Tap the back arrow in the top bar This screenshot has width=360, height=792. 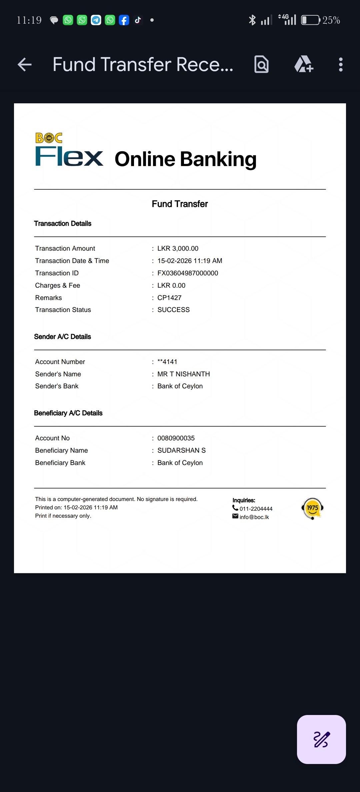tap(25, 64)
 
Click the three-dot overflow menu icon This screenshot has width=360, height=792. tap(340, 64)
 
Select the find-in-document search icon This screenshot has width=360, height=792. tap(261, 64)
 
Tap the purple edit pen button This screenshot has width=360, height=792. tap(321, 739)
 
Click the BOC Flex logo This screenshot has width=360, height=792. tap(69, 150)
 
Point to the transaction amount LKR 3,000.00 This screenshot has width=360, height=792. tap(178, 248)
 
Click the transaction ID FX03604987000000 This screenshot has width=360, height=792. tap(188, 273)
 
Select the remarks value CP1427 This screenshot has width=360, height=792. tap(169, 298)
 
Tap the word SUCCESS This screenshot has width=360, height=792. tap(173, 310)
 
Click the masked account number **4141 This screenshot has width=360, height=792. tap(167, 362)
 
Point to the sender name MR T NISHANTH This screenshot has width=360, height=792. tap(183, 374)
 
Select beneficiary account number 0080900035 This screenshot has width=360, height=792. tap(176, 438)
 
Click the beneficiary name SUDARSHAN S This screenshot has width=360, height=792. tap(181, 450)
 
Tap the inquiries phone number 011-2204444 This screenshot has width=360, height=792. tap(256, 509)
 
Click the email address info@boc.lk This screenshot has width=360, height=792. tap(254, 517)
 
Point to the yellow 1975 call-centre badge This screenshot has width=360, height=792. tap(312, 508)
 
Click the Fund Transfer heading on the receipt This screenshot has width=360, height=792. tap(180, 204)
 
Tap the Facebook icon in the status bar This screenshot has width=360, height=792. tap(124, 20)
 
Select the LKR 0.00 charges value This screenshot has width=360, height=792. tap(171, 285)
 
